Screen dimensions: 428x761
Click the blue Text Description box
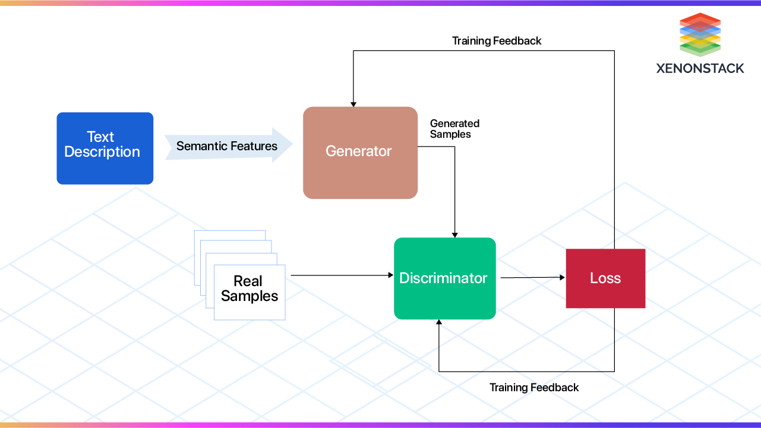(105, 148)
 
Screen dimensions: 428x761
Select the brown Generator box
(360, 153)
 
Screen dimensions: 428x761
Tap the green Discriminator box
(444, 278)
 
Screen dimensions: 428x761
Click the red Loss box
(605, 278)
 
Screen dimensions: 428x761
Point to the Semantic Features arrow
(229, 146)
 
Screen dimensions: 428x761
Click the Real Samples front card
(250, 292)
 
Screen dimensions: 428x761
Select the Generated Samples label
(454, 129)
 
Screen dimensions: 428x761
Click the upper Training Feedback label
(497, 41)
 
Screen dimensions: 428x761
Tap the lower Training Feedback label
(533, 388)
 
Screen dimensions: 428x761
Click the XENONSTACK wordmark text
(700, 68)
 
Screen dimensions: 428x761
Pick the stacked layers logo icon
(700, 34)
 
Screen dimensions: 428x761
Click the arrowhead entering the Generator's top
(353, 103)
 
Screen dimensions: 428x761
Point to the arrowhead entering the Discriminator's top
(455, 234)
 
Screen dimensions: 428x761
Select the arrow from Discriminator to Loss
(532, 277)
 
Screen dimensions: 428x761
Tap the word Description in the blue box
(102, 152)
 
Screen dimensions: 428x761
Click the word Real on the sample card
(248, 281)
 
